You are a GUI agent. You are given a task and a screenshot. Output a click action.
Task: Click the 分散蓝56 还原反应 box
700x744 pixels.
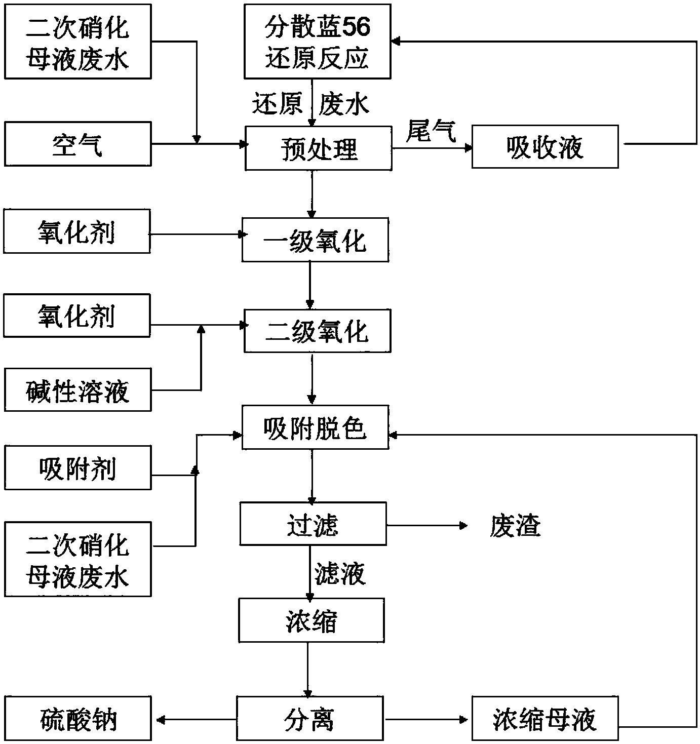click(x=317, y=42)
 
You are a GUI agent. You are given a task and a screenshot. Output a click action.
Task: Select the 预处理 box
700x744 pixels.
click(x=318, y=148)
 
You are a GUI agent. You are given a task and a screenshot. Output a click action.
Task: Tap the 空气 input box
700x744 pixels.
click(x=78, y=144)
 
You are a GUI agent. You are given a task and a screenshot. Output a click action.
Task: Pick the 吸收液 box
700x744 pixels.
click(x=545, y=146)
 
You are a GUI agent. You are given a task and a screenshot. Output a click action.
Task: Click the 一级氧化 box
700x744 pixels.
click(x=315, y=240)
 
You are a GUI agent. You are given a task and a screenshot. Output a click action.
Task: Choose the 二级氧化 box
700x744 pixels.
click(x=317, y=331)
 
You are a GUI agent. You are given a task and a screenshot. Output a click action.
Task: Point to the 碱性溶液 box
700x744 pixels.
click(x=78, y=389)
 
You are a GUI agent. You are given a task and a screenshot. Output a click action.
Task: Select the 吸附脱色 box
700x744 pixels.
click(x=315, y=427)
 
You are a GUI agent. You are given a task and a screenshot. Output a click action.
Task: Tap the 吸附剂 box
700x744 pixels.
click(x=78, y=467)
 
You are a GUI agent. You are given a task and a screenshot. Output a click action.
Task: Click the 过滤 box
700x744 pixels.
click(x=313, y=524)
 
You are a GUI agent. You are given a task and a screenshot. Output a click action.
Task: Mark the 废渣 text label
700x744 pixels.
click(x=515, y=526)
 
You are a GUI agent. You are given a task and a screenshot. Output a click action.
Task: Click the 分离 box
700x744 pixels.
click(x=309, y=718)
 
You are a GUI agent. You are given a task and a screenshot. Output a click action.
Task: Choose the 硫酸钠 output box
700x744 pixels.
click(x=78, y=718)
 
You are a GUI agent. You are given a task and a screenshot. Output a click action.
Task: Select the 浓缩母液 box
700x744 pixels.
click(x=545, y=718)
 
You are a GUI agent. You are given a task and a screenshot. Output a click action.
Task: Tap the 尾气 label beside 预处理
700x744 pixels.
click(x=432, y=131)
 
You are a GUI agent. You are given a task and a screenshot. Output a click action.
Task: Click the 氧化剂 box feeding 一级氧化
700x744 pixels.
click(x=77, y=232)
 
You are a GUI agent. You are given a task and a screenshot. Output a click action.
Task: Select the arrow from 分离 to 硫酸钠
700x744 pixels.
click(x=196, y=719)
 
